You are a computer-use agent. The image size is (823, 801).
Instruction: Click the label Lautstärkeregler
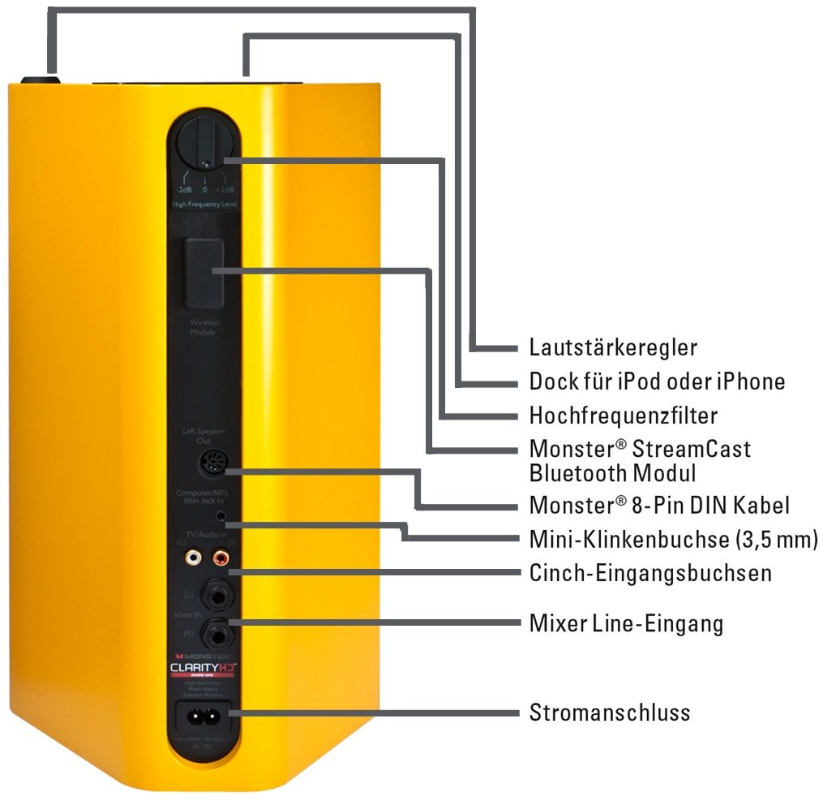pyautogui.click(x=613, y=348)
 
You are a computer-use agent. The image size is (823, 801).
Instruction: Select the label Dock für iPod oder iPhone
pyautogui.click(x=657, y=381)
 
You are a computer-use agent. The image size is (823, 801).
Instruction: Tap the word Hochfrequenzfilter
pyautogui.click(x=623, y=416)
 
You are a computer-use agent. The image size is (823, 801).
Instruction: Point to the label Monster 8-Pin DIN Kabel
pyautogui.click(x=658, y=505)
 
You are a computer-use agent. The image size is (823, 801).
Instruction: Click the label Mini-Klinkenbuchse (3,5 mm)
pyautogui.click(x=673, y=538)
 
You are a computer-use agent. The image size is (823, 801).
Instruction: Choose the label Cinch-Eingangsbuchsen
pyautogui.click(x=650, y=573)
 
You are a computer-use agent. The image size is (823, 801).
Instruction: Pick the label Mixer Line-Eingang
pyautogui.click(x=626, y=624)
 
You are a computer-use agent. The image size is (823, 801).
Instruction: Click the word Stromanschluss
pyautogui.click(x=610, y=713)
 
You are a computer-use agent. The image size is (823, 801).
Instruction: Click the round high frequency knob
pyautogui.click(x=204, y=143)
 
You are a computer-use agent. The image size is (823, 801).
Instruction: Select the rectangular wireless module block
pyautogui.click(x=204, y=273)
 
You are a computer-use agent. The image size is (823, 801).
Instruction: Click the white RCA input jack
pyautogui.click(x=193, y=558)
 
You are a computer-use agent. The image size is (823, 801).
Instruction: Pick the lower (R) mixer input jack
pyautogui.click(x=217, y=631)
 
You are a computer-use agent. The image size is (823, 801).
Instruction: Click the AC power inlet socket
pyautogui.click(x=204, y=715)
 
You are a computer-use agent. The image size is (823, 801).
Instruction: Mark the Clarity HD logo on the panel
pyautogui.click(x=201, y=668)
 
